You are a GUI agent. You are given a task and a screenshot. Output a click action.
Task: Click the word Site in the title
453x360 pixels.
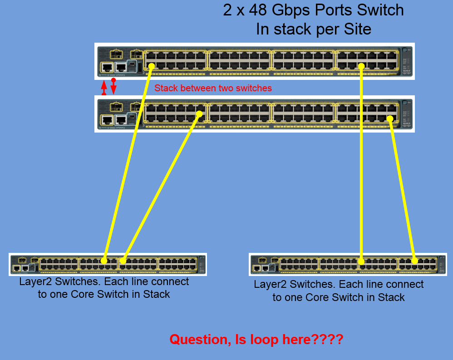tap(356, 30)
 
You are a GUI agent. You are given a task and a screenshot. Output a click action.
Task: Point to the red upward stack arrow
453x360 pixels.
tap(104, 88)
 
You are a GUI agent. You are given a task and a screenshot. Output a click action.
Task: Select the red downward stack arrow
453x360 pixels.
tap(113, 87)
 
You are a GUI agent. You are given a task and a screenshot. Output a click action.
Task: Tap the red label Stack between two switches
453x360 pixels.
tap(213, 88)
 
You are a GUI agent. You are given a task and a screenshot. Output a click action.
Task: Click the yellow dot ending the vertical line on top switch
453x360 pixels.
tap(361, 66)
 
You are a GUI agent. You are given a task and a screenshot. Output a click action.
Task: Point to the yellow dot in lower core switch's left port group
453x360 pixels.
tap(199, 114)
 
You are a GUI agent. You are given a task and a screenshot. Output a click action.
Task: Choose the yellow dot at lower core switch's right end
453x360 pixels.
tap(390, 119)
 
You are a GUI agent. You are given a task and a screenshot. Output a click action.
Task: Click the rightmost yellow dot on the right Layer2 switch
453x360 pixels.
tap(414, 261)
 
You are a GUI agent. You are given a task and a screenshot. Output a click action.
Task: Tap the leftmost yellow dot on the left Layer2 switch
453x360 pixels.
tap(104, 261)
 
